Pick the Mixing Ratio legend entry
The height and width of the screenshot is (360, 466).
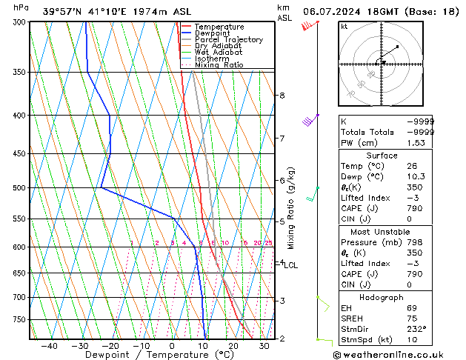[x=219, y=65]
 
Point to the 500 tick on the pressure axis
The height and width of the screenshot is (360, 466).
[x=19, y=188]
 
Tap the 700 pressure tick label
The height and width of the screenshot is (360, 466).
[x=19, y=297]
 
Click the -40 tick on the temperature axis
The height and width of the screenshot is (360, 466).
[x=49, y=346]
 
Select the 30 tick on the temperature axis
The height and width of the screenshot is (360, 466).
[x=264, y=346]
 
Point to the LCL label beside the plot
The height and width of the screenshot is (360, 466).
[x=290, y=265]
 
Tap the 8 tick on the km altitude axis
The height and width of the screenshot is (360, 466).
[x=282, y=96]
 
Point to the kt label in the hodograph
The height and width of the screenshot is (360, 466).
[x=344, y=26]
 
